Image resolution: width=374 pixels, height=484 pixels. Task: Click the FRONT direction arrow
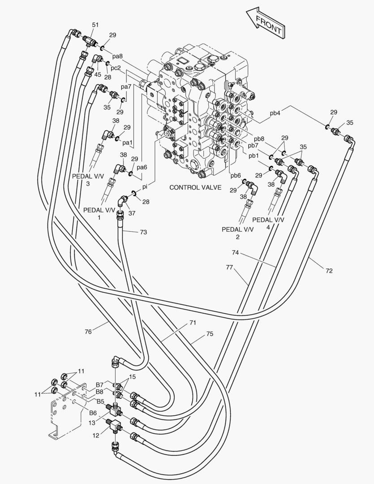[265, 24]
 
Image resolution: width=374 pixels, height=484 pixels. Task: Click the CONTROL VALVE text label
[195, 187]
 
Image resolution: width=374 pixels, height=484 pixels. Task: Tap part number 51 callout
[95, 25]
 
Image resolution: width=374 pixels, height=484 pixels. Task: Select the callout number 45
[98, 74]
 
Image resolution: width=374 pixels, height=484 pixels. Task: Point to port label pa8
[117, 56]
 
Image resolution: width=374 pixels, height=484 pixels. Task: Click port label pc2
[116, 68]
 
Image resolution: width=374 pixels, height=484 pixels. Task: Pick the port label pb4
[275, 113]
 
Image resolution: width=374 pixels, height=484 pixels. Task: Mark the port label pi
[145, 187]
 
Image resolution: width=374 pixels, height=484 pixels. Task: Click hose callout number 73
[143, 232]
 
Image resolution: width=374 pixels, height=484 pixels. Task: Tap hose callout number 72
[329, 271]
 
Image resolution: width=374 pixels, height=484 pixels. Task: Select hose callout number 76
[88, 332]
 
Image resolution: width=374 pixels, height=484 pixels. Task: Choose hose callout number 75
[210, 334]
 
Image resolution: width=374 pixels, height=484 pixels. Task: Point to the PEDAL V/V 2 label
[237, 233]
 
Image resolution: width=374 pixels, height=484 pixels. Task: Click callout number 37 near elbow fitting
[132, 213]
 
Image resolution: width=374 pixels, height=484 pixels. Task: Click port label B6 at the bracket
[93, 413]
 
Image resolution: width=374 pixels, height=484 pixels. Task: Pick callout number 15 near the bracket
[132, 376]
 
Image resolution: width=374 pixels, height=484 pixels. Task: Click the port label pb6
[236, 175]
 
